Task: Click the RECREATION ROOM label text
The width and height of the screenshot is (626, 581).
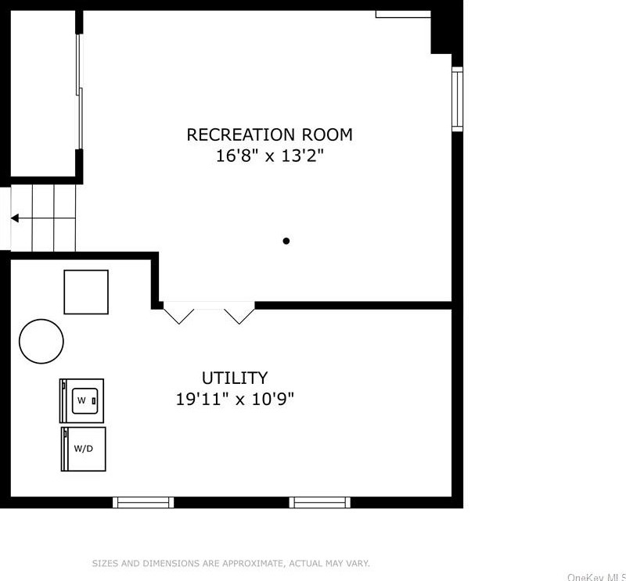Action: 269,134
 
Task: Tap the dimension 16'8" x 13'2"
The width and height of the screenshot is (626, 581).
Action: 269,156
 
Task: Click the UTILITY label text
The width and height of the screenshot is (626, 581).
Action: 235,378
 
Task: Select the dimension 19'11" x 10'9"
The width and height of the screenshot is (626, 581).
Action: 235,400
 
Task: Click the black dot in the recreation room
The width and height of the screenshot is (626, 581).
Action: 286,241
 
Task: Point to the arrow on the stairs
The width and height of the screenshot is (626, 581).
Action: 16,218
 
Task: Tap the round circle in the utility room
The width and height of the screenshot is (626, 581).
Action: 41,341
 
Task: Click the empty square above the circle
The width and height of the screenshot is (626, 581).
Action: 86,292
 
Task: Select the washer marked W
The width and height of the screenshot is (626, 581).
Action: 82,400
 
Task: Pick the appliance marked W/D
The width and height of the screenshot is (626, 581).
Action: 83,449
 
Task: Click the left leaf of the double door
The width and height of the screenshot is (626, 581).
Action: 180,314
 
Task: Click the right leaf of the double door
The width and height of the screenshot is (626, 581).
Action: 239,314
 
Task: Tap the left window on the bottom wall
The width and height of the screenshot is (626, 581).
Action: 144,502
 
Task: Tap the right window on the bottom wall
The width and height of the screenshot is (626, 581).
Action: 319,502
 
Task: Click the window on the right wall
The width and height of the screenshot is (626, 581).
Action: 457,99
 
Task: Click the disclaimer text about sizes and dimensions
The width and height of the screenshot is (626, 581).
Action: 231,563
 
